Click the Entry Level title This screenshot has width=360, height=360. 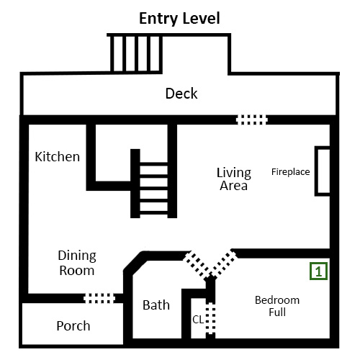click(179, 19)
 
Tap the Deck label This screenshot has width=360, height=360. click(181, 94)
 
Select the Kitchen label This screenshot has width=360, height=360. click(58, 157)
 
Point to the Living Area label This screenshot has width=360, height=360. click(234, 179)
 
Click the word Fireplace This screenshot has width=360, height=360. click(291, 172)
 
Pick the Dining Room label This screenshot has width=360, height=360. click(77, 263)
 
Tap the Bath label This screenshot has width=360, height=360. click(156, 305)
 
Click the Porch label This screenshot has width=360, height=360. click(73, 325)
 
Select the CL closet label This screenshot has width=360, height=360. click(198, 320)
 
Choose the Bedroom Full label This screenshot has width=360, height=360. click(277, 306)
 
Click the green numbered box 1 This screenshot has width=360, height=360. click(318, 271)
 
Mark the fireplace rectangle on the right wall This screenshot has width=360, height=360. click(323, 171)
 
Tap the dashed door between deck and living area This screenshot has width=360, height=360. click(251, 120)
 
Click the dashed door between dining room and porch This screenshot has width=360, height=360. click(99, 298)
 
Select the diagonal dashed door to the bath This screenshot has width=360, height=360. click(196, 264)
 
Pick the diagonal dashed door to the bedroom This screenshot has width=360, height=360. click(224, 264)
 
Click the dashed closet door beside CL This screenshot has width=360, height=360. click(210, 318)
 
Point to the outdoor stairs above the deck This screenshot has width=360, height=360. click(136, 53)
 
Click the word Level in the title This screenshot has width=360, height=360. click(202, 18)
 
